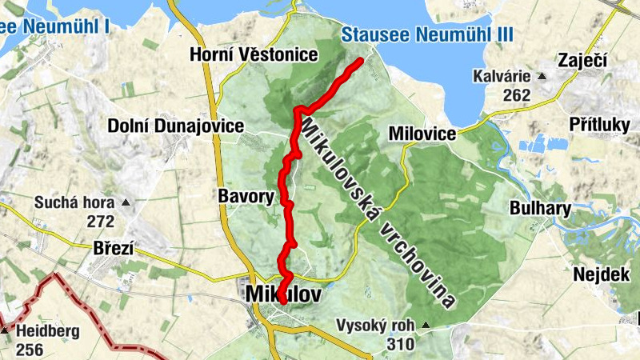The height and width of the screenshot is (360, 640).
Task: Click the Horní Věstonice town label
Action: pos(254,54)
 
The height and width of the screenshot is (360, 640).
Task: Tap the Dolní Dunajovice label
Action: pos(176,126)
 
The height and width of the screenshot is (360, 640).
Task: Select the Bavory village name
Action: pos(246,195)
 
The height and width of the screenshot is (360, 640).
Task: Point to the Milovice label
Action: pos(422,133)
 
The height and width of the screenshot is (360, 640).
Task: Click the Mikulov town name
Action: pos(284,294)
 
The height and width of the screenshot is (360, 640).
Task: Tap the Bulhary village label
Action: pos(540,209)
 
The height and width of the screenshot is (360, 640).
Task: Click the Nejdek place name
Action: pos(596,274)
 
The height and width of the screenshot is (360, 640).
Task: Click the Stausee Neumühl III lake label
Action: pos(426,34)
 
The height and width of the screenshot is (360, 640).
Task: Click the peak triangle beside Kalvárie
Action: pos(542,77)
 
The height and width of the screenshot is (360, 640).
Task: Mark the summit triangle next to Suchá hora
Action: pos(125,202)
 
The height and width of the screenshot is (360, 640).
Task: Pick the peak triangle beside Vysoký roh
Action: pos(425,326)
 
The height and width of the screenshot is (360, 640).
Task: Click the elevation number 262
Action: pos(518,95)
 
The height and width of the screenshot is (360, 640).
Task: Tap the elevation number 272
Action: pos(102,220)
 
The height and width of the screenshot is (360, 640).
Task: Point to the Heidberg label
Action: pos(47,330)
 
